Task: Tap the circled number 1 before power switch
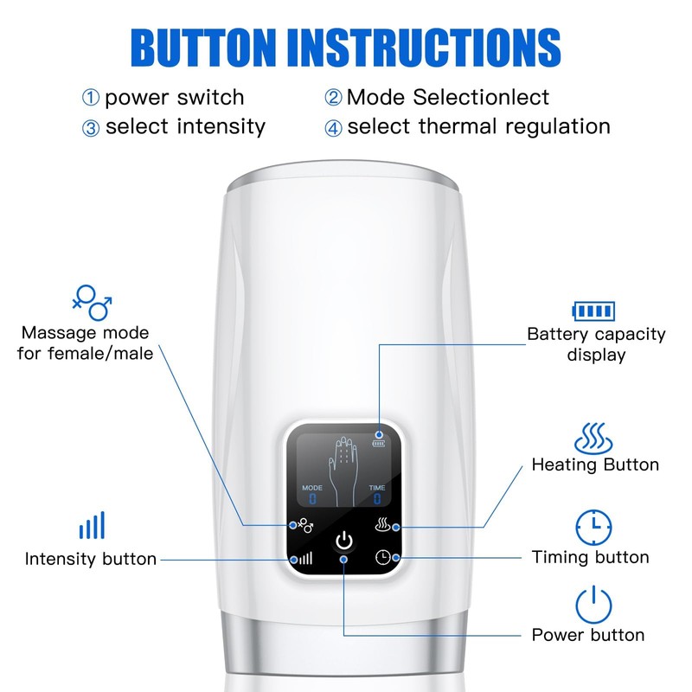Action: (x=91, y=98)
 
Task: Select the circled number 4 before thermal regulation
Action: (x=334, y=128)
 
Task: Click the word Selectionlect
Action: (x=481, y=97)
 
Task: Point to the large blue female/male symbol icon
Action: (x=92, y=303)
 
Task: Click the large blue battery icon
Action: (x=594, y=311)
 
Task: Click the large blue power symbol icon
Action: (x=593, y=604)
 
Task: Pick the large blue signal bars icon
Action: (x=92, y=525)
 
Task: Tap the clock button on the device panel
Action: (x=382, y=558)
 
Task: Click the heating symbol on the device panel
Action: (x=382, y=524)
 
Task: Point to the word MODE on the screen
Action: (x=312, y=488)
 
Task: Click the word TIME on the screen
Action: (x=378, y=488)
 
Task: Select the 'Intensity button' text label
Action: (x=91, y=559)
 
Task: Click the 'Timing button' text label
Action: (x=590, y=557)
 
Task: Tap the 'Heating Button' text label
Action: (x=595, y=465)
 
